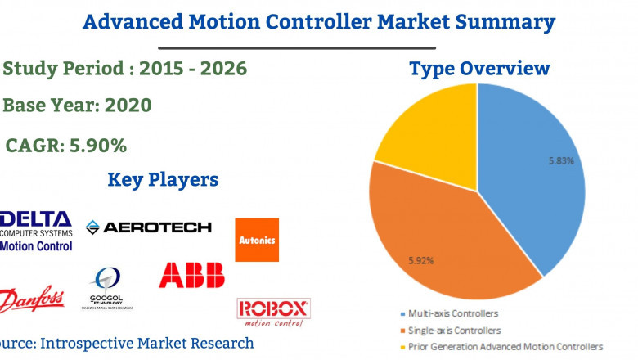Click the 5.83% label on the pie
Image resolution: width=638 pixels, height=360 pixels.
point(561,161)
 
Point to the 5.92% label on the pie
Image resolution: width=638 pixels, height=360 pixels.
point(420,261)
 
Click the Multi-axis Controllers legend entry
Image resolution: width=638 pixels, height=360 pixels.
point(455,313)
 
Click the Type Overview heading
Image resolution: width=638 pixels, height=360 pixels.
point(479,70)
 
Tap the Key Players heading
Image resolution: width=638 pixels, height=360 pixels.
point(163,179)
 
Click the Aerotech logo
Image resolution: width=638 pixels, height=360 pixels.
point(149,227)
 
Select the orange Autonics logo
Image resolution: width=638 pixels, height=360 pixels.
point(257,240)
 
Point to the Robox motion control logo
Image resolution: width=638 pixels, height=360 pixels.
point(273,312)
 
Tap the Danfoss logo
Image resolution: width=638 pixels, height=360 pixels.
point(33,301)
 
